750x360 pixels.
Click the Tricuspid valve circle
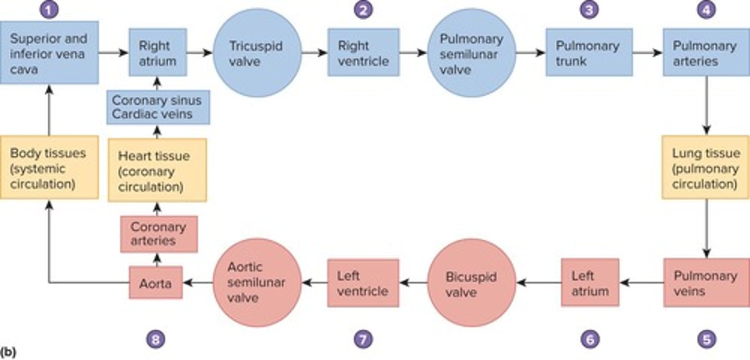coord(257,53)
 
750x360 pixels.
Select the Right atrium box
coord(158,53)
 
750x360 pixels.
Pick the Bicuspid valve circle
coord(471,283)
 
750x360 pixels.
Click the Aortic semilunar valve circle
coord(258,283)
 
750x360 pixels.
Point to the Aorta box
coord(156,282)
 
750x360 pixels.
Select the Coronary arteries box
coord(159,234)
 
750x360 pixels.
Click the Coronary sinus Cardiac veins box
coord(158,107)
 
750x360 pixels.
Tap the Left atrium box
coord(590,282)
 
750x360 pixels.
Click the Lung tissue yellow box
coord(706,167)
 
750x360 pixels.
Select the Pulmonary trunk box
coord(589,53)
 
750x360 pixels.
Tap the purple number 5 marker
coord(706,340)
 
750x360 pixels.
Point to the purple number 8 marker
coord(156,340)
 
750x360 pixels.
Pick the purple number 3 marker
coord(589,10)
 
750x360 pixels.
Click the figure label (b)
coord(8,353)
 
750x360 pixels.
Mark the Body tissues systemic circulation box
coord(49,167)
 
